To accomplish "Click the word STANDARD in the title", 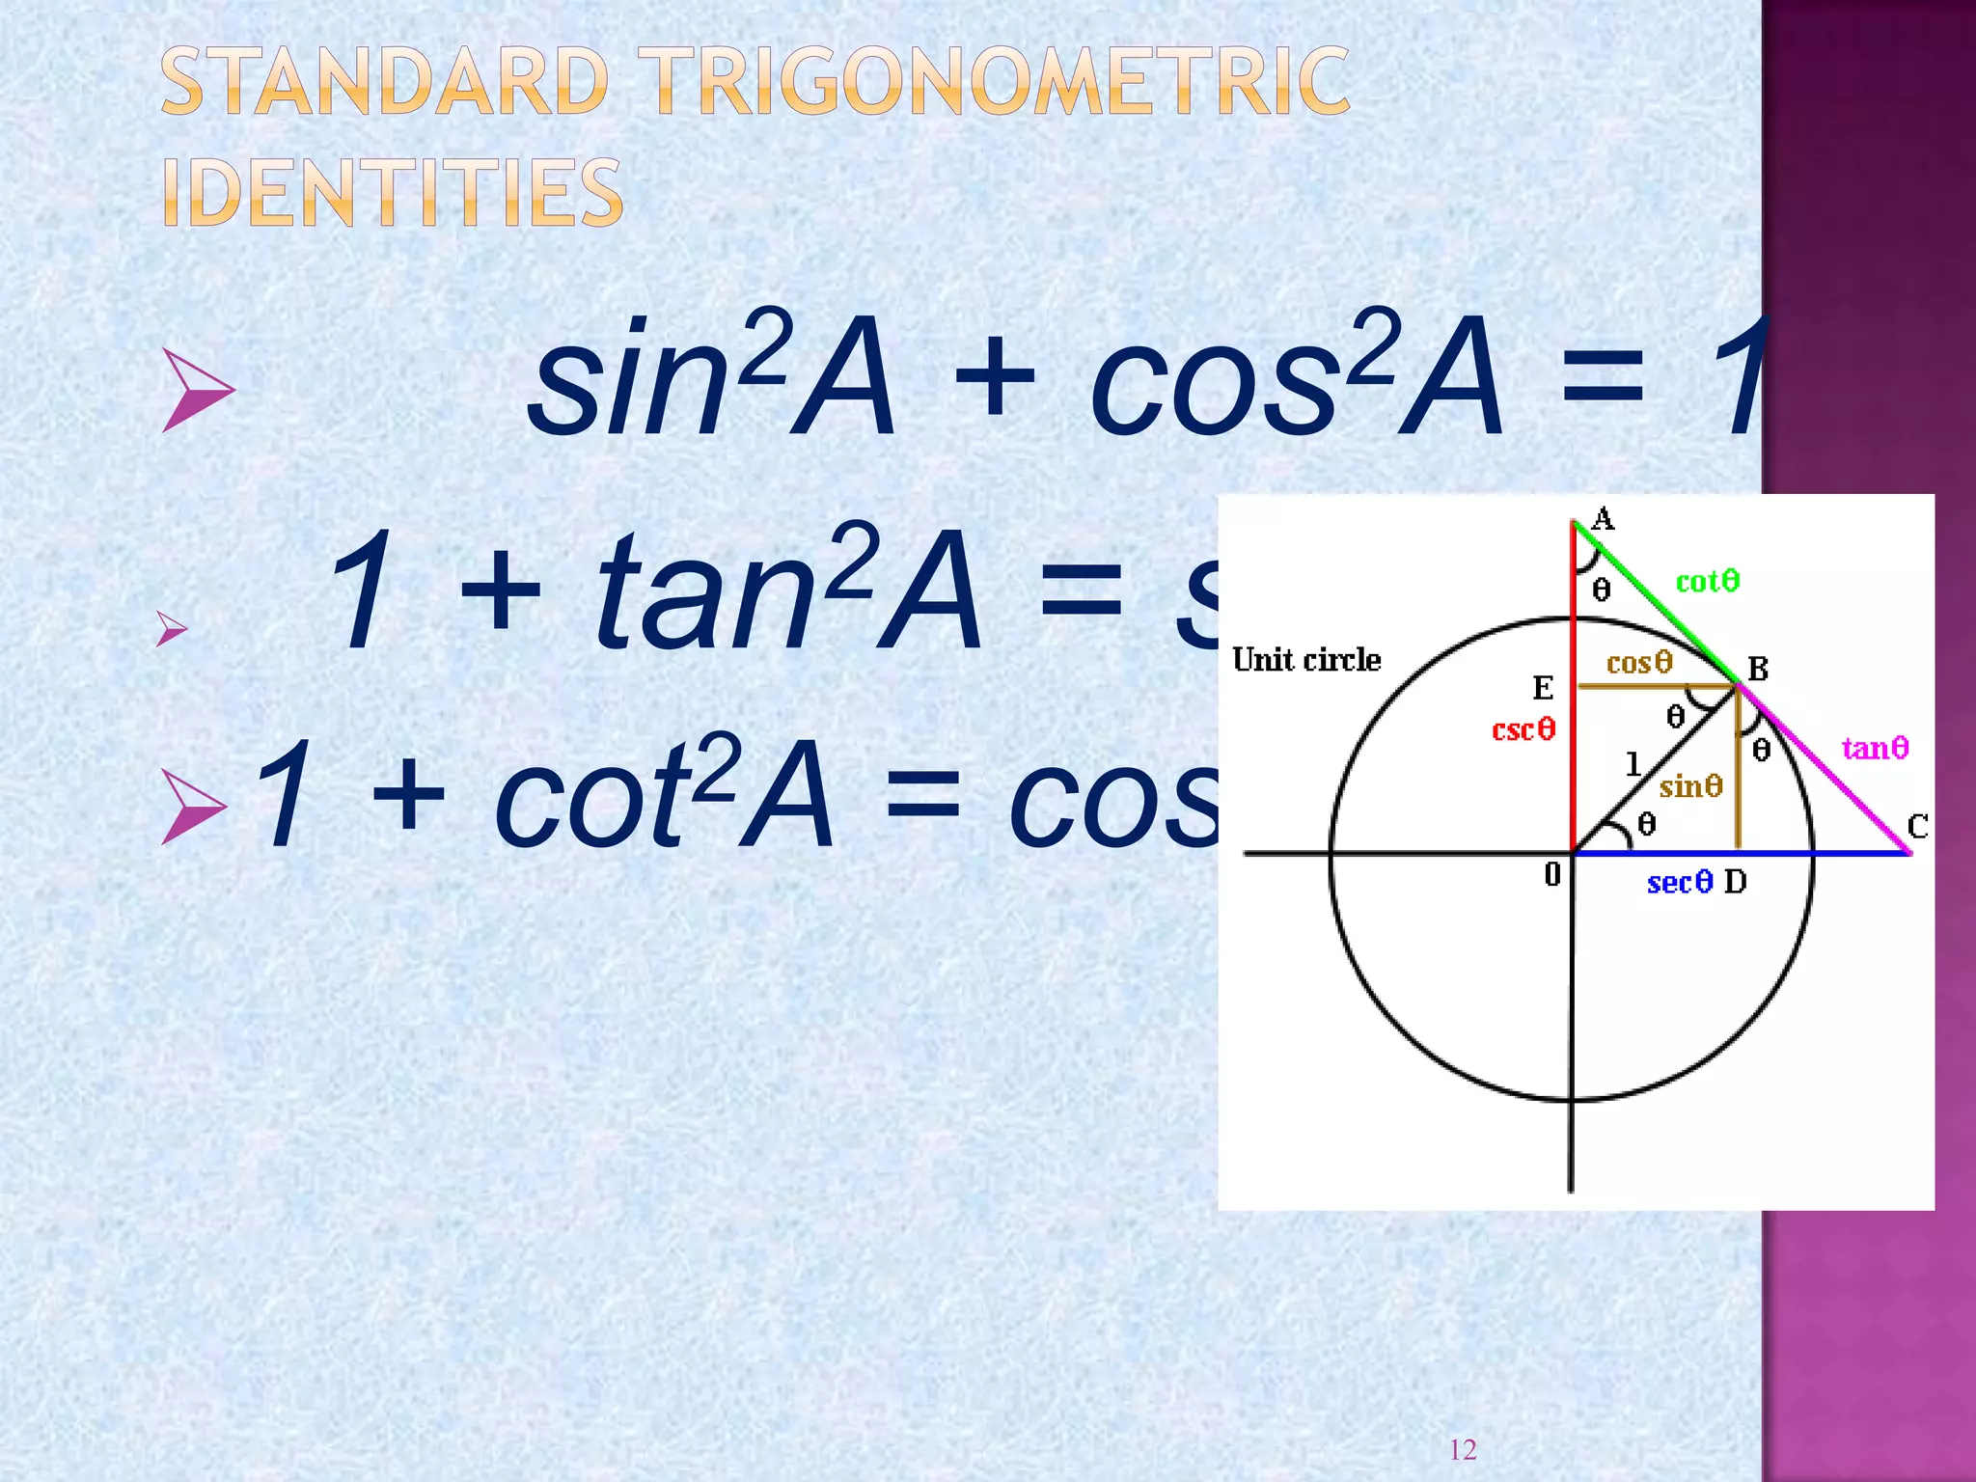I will pyautogui.click(x=384, y=82).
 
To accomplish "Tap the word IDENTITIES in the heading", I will pyautogui.click(x=393, y=193).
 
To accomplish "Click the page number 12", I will pyautogui.click(x=1463, y=1449).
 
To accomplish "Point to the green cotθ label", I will pyautogui.click(x=1707, y=581).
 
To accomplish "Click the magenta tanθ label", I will pyautogui.click(x=1875, y=748).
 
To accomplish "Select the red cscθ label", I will pyautogui.click(x=1523, y=729).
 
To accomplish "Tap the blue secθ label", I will pyautogui.click(x=1679, y=882).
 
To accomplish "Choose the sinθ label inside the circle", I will pyautogui.click(x=1690, y=786).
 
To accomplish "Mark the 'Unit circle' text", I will pyautogui.click(x=1306, y=660).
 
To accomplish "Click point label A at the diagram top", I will pyautogui.click(x=1603, y=519).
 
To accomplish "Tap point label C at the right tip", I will pyautogui.click(x=1917, y=826).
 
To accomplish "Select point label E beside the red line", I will pyautogui.click(x=1543, y=688).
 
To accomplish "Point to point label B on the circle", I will pyautogui.click(x=1758, y=668).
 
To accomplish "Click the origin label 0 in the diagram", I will pyautogui.click(x=1551, y=874).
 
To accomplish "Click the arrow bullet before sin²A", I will pyautogui.click(x=198, y=390).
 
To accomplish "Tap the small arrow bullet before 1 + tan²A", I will pyautogui.click(x=172, y=629).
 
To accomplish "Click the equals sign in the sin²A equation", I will pyautogui.click(x=1602, y=376).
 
